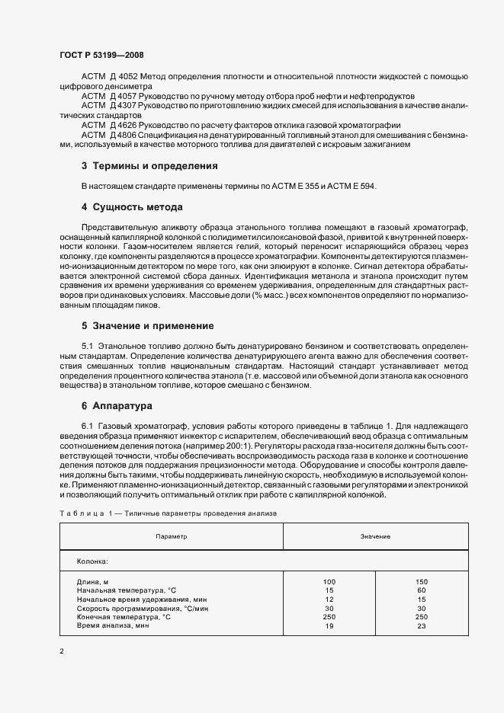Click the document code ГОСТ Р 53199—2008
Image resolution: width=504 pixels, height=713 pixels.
click(101, 56)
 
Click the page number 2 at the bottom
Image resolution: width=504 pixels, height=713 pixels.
click(61, 651)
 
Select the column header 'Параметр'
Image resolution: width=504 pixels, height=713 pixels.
click(172, 537)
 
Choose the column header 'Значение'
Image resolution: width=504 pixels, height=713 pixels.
click(375, 537)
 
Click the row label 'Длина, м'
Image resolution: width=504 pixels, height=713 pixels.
click(93, 582)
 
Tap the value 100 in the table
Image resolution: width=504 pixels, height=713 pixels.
click(329, 582)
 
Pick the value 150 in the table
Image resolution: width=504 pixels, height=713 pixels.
click(422, 582)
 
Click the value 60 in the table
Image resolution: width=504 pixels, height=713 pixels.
click(422, 590)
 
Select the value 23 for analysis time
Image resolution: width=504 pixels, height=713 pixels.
click(422, 625)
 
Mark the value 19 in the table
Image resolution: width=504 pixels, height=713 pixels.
click(329, 625)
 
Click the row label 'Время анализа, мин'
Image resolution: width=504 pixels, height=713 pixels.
click(113, 625)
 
